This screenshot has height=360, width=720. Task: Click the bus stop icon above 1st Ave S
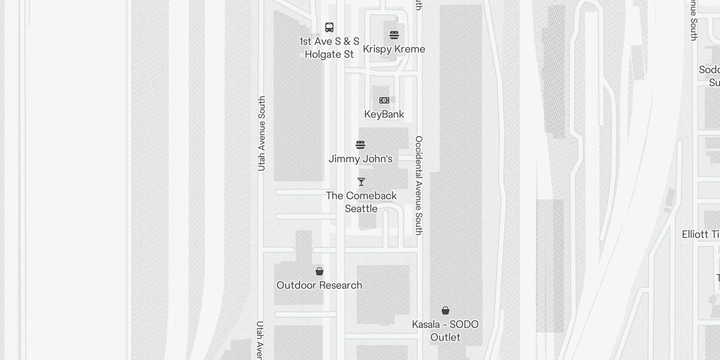[329, 27]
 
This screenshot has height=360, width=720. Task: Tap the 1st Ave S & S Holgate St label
[329, 48]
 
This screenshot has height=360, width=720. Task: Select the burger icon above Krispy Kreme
[394, 35]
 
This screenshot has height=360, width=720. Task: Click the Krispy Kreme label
[394, 49]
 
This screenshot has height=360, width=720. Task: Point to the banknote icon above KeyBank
[384, 100]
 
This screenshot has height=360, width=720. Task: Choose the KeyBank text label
[384, 114]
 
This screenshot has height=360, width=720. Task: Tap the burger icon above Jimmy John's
[360, 145]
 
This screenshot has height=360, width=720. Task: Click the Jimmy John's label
[360, 159]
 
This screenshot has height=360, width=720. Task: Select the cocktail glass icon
[361, 182]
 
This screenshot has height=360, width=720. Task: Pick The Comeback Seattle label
[361, 202]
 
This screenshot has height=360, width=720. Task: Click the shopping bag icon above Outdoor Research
[319, 271]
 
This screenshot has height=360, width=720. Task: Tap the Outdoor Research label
[319, 285]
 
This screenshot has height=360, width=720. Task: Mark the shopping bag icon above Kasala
[445, 310]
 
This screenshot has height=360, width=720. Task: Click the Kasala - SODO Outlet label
[445, 331]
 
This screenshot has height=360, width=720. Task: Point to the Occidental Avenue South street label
[419, 185]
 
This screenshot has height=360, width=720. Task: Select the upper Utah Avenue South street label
[261, 133]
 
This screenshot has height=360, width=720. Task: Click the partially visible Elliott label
[700, 234]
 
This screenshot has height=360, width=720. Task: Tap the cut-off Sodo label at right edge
[709, 76]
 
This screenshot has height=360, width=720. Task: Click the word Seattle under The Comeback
[361, 209]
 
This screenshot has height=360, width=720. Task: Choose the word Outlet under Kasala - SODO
[445, 337]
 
